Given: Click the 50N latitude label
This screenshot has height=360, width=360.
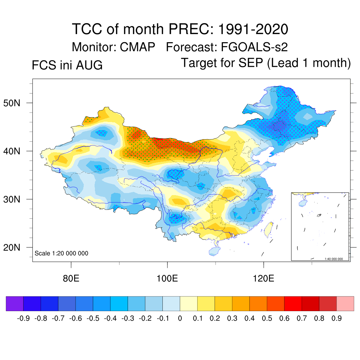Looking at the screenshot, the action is click(12, 103).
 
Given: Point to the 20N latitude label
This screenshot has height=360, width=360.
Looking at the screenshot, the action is click(12, 247).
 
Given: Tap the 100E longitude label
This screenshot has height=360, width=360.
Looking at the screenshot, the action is click(167, 278).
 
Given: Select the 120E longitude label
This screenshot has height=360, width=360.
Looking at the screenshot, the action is click(263, 278).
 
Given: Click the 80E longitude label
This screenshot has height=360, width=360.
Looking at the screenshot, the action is click(71, 278).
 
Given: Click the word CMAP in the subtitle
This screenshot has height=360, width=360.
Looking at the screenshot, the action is click(137, 47).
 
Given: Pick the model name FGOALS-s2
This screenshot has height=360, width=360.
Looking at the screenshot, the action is click(254, 47).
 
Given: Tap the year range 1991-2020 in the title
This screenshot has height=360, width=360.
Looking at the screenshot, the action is click(253, 29).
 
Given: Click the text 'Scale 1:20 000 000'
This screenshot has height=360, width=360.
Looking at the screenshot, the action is click(61, 253).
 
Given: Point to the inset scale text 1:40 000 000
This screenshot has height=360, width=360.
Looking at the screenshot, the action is click(334, 259).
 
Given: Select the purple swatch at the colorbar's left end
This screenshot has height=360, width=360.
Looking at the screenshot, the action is click(15, 303).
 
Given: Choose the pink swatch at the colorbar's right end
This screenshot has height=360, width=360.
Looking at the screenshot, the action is click(345, 303).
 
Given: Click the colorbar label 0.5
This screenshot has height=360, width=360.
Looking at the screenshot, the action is click(267, 319).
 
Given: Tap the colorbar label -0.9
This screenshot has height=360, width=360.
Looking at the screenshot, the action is click(23, 319).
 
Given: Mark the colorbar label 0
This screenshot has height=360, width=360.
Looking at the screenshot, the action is click(180, 319).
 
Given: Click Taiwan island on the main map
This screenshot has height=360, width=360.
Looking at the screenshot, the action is click(269, 230).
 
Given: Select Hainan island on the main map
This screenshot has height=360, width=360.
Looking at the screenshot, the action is click(214, 251).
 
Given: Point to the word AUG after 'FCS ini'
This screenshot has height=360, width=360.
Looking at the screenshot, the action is click(89, 65).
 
